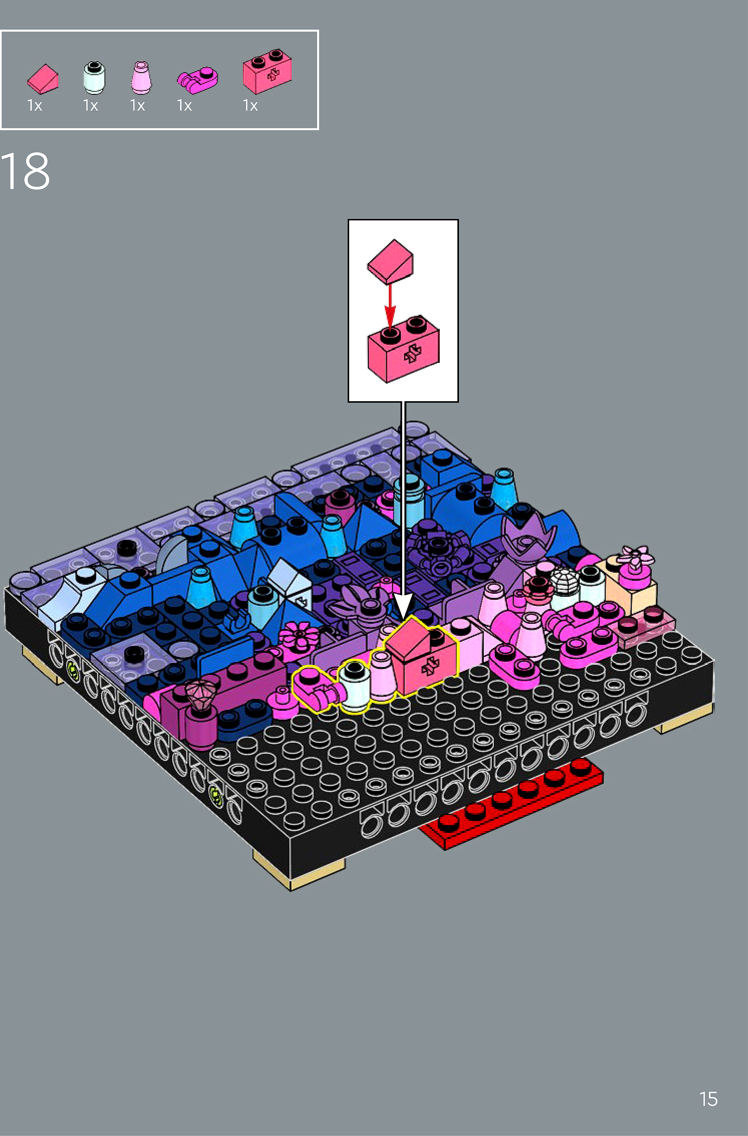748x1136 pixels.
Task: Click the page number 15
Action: point(708,1099)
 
